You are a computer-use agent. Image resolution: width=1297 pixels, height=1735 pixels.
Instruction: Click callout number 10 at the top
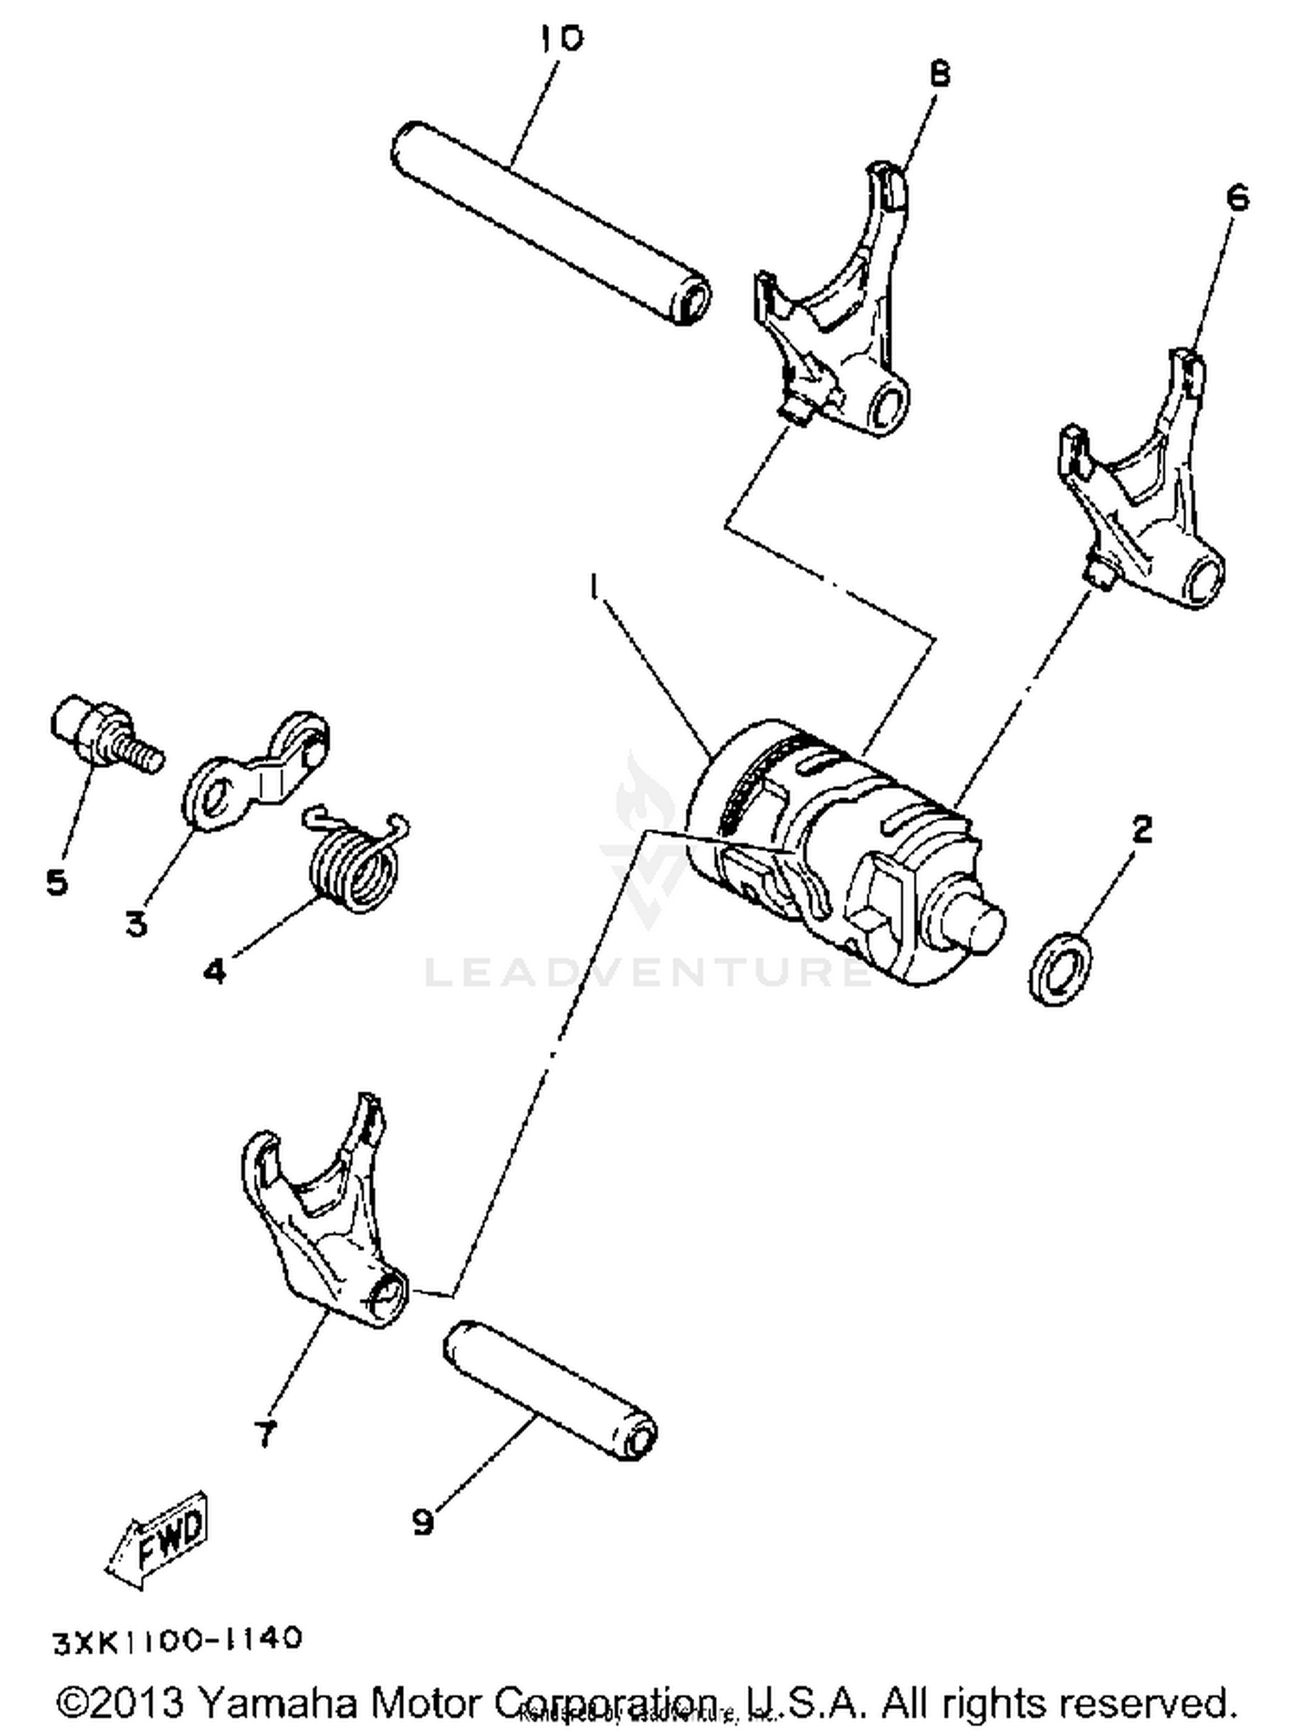pos(562,39)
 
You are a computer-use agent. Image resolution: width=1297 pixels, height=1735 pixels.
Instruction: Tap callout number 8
pos(940,74)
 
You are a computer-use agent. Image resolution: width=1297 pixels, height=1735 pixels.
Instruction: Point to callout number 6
pos(1238,199)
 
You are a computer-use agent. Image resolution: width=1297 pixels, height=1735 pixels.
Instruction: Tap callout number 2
pos(1142,829)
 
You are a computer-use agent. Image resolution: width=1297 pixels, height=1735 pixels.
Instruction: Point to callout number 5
pos(56,882)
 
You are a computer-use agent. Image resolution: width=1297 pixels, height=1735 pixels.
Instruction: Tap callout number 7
pos(265,1433)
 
